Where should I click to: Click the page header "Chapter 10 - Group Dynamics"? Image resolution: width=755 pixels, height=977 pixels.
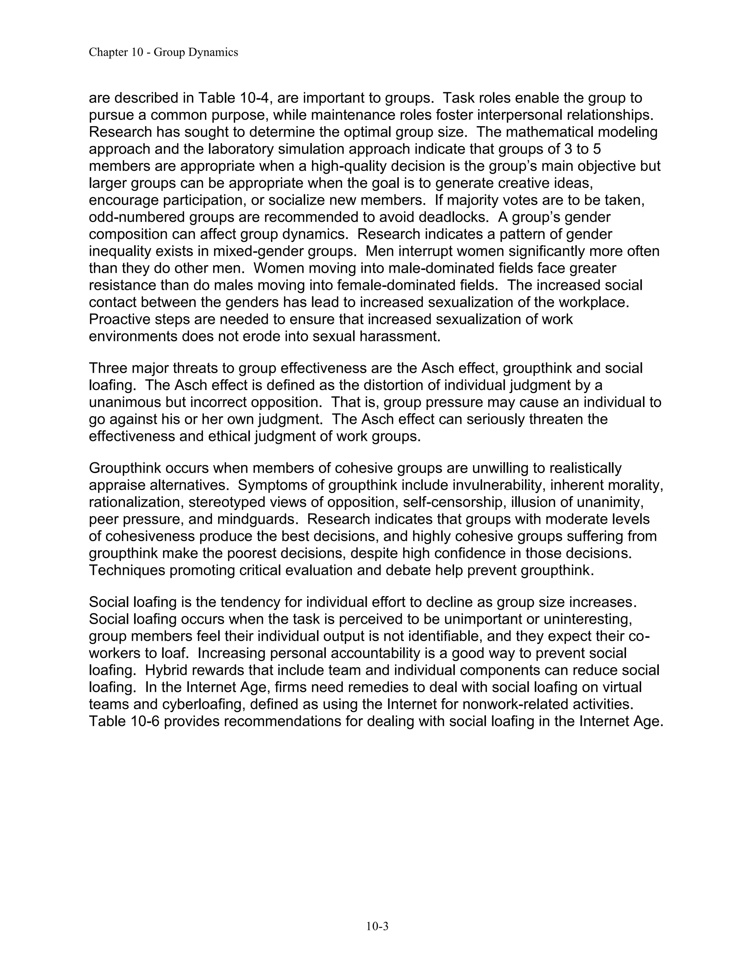(x=163, y=52)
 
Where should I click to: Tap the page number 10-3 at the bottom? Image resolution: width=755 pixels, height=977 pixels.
(x=377, y=926)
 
